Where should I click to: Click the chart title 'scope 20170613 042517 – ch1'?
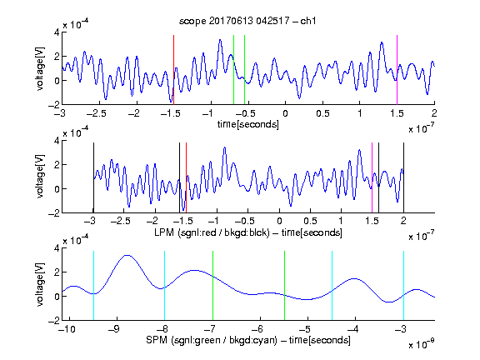[247, 21]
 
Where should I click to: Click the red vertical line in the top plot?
[174, 70]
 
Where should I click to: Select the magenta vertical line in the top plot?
[397, 70]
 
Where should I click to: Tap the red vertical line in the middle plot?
[186, 177]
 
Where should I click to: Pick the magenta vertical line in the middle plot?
[372, 177]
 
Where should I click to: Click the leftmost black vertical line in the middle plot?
[93, 177]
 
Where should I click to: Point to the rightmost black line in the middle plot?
[403, 177]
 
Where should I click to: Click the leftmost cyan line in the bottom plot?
[93, 286]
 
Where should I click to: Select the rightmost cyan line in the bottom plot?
[403, 286]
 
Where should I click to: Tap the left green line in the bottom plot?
[212, 286]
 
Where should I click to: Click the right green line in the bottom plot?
[284, 286]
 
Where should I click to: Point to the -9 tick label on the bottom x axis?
[114, 329]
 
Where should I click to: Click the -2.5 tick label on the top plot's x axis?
[96, 113]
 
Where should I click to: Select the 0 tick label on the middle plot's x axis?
[279, 221]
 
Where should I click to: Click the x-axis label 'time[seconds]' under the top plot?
[248, 124]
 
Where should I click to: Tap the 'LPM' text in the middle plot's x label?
[164, 232]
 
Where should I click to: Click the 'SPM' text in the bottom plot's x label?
[157, 340]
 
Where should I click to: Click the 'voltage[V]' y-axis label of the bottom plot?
[40, 284]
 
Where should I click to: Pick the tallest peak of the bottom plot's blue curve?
[127, 255]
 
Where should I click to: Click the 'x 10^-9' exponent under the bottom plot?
[421, 344]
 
